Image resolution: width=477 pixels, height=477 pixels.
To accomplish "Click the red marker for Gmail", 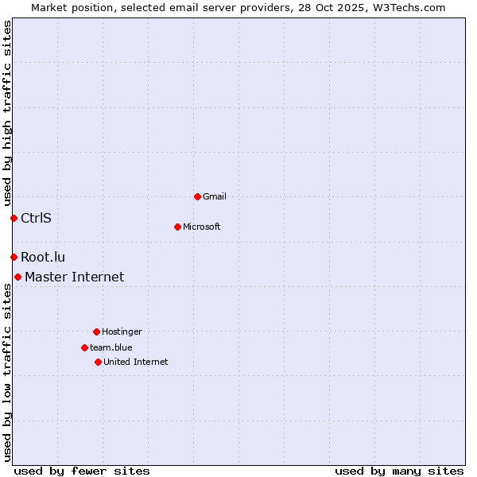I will pos(197,196).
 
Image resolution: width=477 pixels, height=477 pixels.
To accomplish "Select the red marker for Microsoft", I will pos(177,227).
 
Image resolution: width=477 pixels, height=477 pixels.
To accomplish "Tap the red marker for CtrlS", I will pos(14,218).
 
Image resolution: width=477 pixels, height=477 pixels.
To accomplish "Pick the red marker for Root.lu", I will pos(14,257).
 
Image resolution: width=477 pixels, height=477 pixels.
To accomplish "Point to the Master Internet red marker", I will pos(17,277).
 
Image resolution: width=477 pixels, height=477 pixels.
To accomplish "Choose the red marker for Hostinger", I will pos(96,332).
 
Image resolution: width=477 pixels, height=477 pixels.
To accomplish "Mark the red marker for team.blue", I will pos(84,347).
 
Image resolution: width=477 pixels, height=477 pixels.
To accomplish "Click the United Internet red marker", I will pos(98,362).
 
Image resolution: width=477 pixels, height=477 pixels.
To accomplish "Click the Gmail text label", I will pos(215,196).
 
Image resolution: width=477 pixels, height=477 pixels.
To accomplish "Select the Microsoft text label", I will pos(202,227).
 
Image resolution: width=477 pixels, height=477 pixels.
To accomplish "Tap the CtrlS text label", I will pos(36,218).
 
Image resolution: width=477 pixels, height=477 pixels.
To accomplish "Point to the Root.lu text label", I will pos(43,257).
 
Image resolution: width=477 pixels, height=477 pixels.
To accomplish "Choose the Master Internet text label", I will pos(74,277).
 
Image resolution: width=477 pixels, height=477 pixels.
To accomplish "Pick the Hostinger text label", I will pos(122,332).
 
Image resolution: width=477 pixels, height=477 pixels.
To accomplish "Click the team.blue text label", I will pos(111,347).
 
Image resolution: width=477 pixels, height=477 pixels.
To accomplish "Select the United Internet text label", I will pos(136,362).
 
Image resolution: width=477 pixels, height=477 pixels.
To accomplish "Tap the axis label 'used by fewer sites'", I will pos(82,471).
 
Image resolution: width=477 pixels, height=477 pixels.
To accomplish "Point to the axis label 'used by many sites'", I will pos(399,471).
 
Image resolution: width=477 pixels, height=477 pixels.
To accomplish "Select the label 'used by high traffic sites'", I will pos(7,113).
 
